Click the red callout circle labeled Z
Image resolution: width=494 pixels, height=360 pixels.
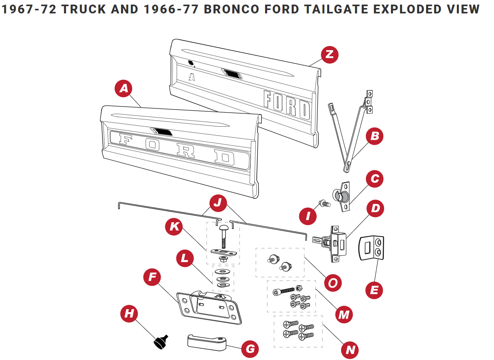pyautogui.click(x=329, y=54)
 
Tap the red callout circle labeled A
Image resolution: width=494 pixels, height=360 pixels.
pyautogui.click(x=123, y=88)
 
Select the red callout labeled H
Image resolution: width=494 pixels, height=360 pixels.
pyautogui.click(x=129, y=314)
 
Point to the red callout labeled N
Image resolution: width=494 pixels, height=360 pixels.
pyautogui.click(x=350, y=349)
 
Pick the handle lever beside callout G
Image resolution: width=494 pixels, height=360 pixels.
pyautogui.click(x=207, y=342)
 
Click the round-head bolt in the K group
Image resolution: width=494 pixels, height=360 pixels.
pyautogui.click(x=223, y=235)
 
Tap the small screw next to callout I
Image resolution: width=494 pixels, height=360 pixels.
pyautogui.click(x=325, y=203)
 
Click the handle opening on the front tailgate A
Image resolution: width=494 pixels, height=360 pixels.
pyautogui.click(x=162, y=132)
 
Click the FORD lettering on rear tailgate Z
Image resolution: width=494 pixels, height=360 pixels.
pyautogui.click(x=287, y=104)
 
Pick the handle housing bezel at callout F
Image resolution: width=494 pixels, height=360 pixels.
pyautogui.click(x=209, y=306)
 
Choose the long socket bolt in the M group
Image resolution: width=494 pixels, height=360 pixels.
pyautogui.click(x=284, y=291)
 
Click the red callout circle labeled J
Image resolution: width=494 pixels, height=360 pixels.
pyautogui.click(x=218, y=203)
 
